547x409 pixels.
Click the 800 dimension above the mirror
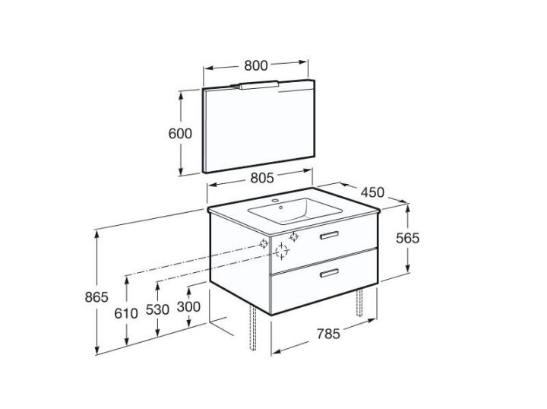pyautogui.click(x=256, y=65)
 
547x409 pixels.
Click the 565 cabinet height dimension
pyautogui.click(x=408, y=238)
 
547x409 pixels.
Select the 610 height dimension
pyautogui.click(x=127, y=311)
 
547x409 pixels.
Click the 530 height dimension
pyautogui.click(x=158, y=311)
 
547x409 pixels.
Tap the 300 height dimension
pyautogui.click(x=188, y=308)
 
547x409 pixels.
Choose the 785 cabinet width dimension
pyautogui.click(x=327, y=332)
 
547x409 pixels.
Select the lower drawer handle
pyautogui.click(x=330, y=271)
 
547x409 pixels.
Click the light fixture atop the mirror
pyautogui.click(x=259, y=85)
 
